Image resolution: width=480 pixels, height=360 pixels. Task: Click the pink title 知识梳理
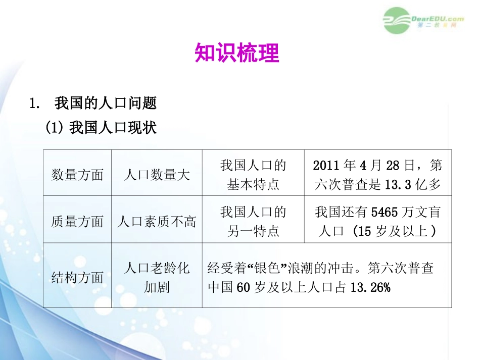[x=236, y=53]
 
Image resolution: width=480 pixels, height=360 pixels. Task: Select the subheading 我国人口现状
[x=113, y=128]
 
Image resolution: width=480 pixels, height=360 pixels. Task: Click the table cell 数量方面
[x=77, y=175]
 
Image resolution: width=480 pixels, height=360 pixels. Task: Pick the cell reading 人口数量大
[x=157, y=175]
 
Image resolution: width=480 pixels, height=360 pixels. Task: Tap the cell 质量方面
[x=77, y=221]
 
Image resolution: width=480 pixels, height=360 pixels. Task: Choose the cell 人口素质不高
[x=157, y=221]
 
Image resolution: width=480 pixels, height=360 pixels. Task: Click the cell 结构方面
[x=77, y=277]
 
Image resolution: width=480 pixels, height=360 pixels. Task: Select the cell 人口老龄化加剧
[x=157, y=277]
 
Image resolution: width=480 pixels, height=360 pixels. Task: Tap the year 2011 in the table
[x=326, y=165]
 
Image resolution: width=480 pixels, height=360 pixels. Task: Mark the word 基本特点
[x=253, y=185]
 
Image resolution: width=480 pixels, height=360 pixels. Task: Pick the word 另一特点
[x=253, y=231]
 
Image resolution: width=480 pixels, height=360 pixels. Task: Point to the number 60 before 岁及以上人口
[x=243, y=287]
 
